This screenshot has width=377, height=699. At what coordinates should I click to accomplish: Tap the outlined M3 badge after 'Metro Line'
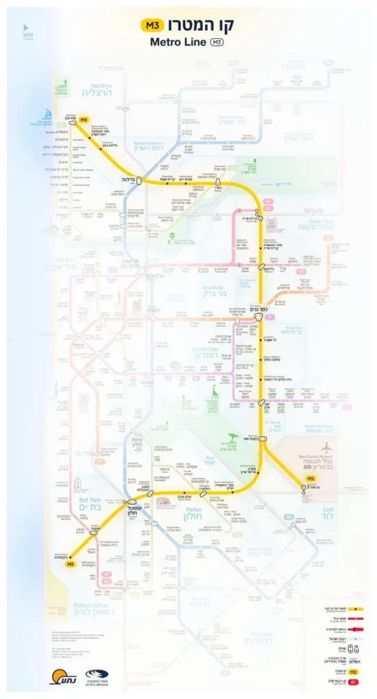point(217,42)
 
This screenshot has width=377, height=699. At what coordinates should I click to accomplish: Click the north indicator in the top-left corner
point(28,33)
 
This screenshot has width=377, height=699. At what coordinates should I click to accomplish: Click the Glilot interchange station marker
point(139,180)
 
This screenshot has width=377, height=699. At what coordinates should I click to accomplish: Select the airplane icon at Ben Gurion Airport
point(326,448)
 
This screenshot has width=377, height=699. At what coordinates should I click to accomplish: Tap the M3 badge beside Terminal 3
point(311,479)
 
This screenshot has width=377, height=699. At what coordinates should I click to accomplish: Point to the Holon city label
point(193,517)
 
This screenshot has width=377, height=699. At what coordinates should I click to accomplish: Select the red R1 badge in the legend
point(354,683)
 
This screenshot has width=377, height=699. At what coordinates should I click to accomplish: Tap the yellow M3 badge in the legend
point(354,672)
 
